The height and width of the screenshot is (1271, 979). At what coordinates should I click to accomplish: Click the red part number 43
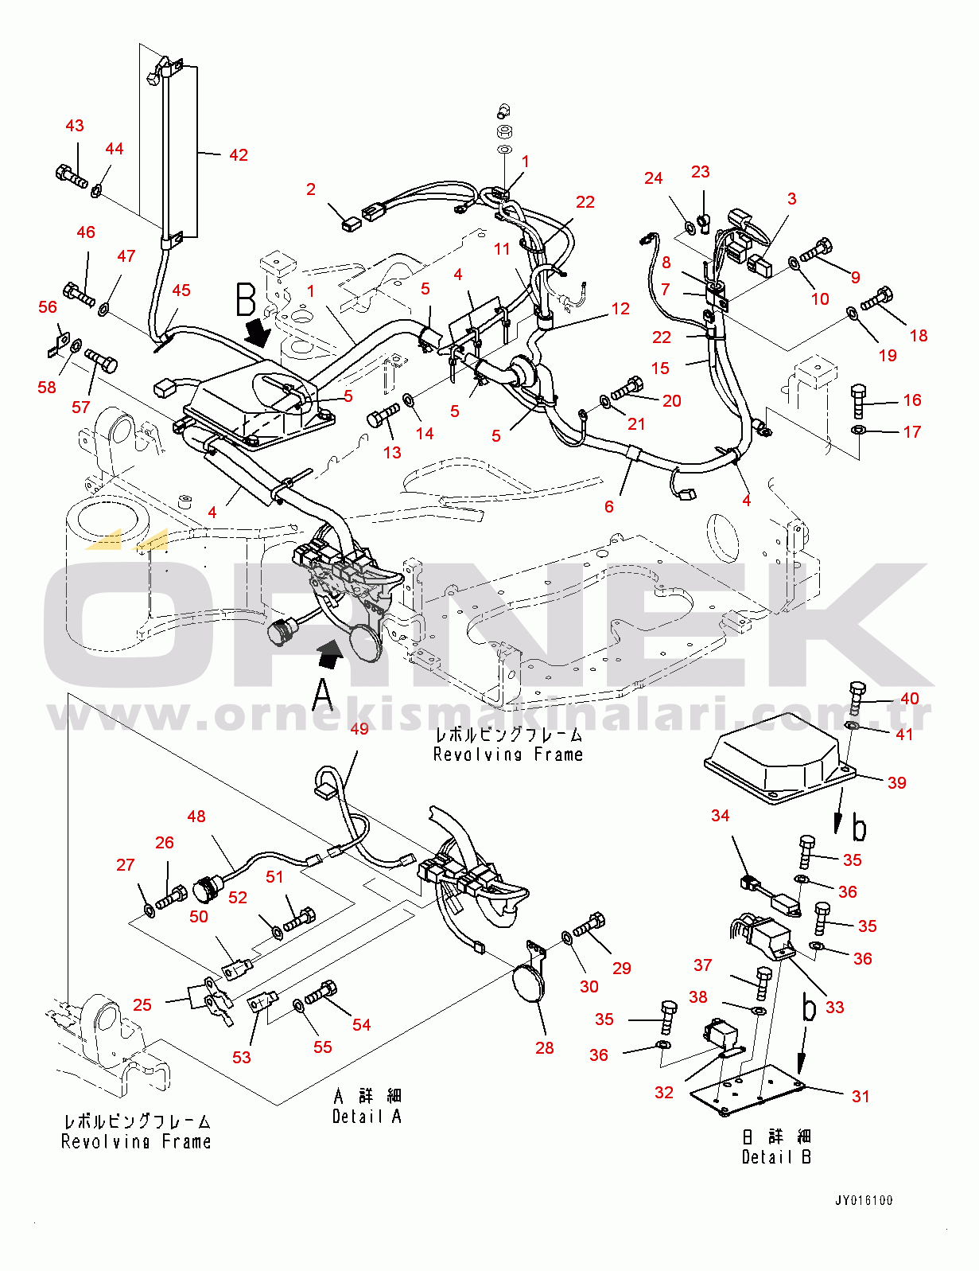coord(74,126)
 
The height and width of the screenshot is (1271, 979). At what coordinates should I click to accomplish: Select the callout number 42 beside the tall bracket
coord(239,155)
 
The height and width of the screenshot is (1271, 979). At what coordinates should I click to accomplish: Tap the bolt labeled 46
coord(78,294)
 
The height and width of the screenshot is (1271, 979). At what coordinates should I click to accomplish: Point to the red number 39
coord(896,782)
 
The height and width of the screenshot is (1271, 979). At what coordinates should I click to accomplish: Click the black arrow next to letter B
coord(258,334)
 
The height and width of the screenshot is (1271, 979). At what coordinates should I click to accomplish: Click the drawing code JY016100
coord(863,1201)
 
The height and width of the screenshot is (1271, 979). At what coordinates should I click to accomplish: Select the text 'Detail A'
coord(367,1116)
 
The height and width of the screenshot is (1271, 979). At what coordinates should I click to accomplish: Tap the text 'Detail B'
coord(776,1157)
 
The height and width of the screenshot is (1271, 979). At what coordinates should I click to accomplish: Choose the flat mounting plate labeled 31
coord(748,1090)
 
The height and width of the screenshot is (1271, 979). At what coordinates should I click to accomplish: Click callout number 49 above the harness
coord(359,729)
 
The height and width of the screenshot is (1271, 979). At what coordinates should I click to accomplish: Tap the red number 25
coord(142,1005)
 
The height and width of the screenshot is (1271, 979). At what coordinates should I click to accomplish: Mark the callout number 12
coord(620,309)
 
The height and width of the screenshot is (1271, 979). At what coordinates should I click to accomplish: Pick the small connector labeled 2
coord(350,224)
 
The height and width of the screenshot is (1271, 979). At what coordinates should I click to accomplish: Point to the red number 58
coord(47,388)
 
